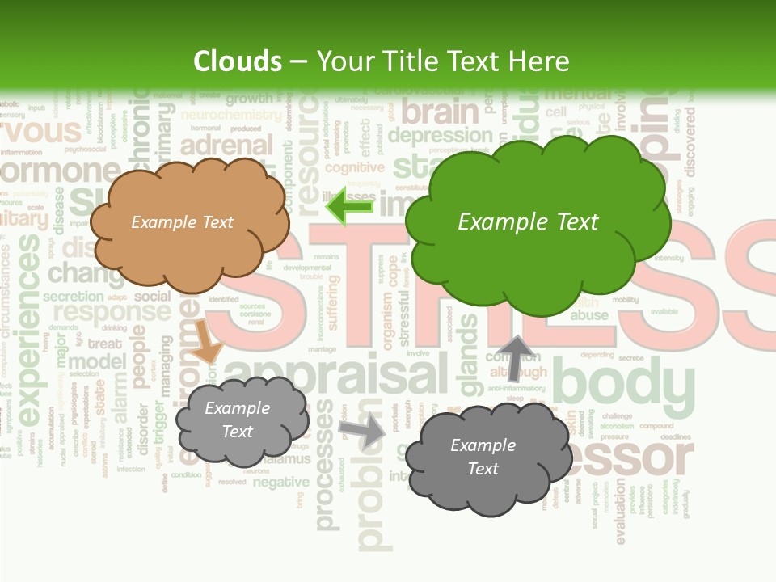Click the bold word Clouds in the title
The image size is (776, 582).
tap(238, 61)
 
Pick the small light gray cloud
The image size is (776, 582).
tap(241, 420)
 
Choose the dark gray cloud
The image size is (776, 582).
tap(485, 458)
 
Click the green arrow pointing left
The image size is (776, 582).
tap(349, 205)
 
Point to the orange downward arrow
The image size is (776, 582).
tap(205, 340)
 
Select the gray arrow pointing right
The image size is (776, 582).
tap(363, 430)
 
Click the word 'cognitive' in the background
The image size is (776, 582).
tap(354, 168)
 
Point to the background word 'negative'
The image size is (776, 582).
tap(280, 483)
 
